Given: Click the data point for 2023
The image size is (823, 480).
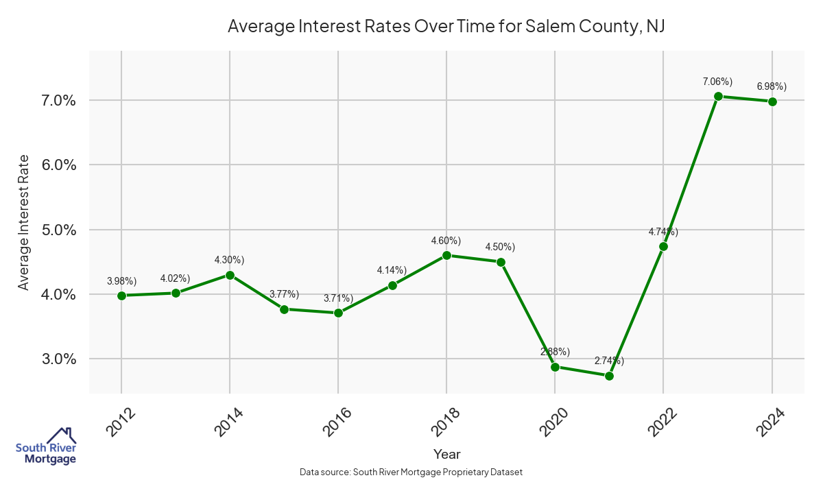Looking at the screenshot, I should point(718,97).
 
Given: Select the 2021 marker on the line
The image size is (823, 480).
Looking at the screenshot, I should point(609,376).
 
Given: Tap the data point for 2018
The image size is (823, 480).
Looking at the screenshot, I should point(446,255).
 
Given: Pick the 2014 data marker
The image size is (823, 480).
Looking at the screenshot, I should point(230,275).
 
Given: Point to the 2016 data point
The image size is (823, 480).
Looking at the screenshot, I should point(338,313).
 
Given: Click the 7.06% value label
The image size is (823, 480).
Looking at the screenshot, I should point(718,82).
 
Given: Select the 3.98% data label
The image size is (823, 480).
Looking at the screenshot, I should point(121,281).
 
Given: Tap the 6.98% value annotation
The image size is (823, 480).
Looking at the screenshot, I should point(772,86).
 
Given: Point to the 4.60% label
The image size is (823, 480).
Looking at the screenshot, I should point(446,241).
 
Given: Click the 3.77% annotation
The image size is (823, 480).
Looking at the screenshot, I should point(285,294).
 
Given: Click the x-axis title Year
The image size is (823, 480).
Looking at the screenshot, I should point(446,454).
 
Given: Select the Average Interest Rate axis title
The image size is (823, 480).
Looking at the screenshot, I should point(24,222).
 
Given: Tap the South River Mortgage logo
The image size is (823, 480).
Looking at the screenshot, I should point(46,446).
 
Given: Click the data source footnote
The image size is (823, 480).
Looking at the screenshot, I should point(411,472).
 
